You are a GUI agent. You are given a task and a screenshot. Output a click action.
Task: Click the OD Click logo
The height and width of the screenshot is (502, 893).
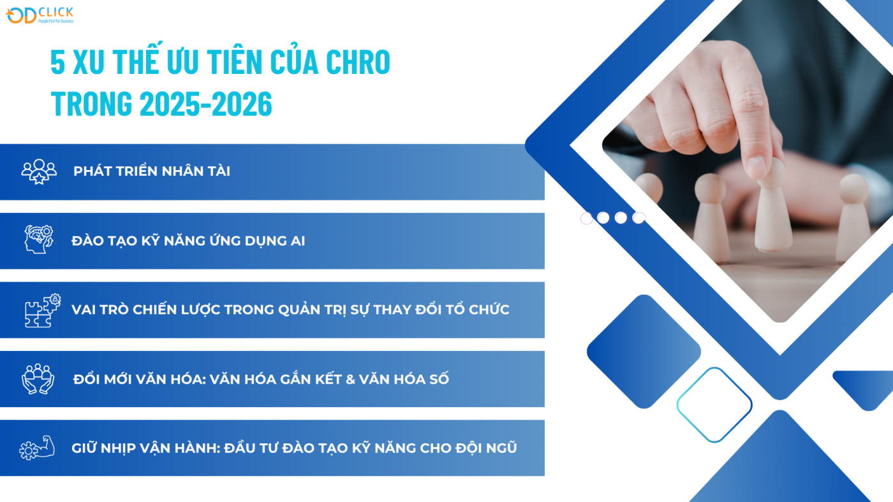(40, 15)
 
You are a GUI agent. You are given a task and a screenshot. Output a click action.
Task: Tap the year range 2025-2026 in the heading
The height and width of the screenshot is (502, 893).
(205, 104)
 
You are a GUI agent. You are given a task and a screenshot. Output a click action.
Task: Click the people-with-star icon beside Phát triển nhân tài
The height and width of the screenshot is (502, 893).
(39, 171)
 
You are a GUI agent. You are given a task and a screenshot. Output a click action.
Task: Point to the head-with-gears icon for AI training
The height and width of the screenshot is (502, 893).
(39, 240)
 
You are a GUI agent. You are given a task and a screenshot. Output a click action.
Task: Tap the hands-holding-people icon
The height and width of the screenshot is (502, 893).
(38, 378)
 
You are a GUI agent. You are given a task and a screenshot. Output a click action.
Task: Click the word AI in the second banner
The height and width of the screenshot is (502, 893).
(297, 241)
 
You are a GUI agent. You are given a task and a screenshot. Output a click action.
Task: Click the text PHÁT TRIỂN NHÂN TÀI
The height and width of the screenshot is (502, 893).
(152, 171)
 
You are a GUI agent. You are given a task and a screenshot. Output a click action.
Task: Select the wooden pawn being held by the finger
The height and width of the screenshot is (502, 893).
(772, 210)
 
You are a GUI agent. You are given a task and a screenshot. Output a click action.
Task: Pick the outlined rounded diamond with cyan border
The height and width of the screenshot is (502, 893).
(714, 405)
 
